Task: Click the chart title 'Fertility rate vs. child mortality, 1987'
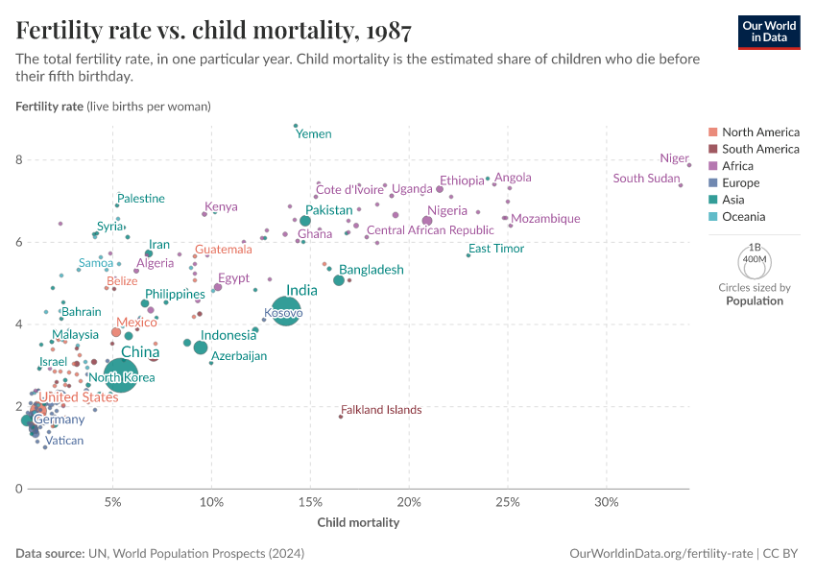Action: pos(214,32)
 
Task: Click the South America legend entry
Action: pos(759,149)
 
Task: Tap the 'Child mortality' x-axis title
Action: pos(358,523)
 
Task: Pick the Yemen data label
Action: pos(314,134)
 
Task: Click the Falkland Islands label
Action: pos(380,410)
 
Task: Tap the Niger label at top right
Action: pos(674,158)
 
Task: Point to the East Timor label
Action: pos(496,249)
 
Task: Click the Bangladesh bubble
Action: pos(339,279)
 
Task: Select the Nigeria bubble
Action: pos(427,221)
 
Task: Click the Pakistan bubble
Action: pos(305,221)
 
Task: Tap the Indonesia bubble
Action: pos(201,348)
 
